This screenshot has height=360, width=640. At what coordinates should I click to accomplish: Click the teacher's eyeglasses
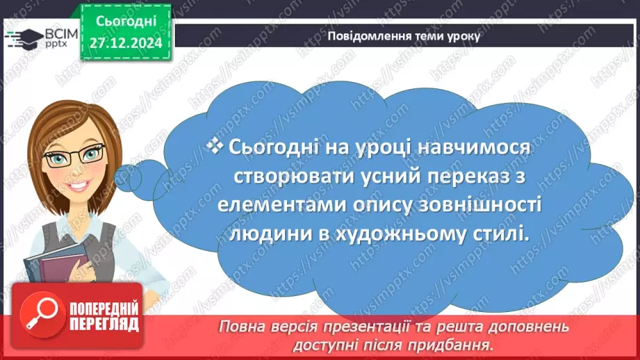[x=74, y=156]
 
